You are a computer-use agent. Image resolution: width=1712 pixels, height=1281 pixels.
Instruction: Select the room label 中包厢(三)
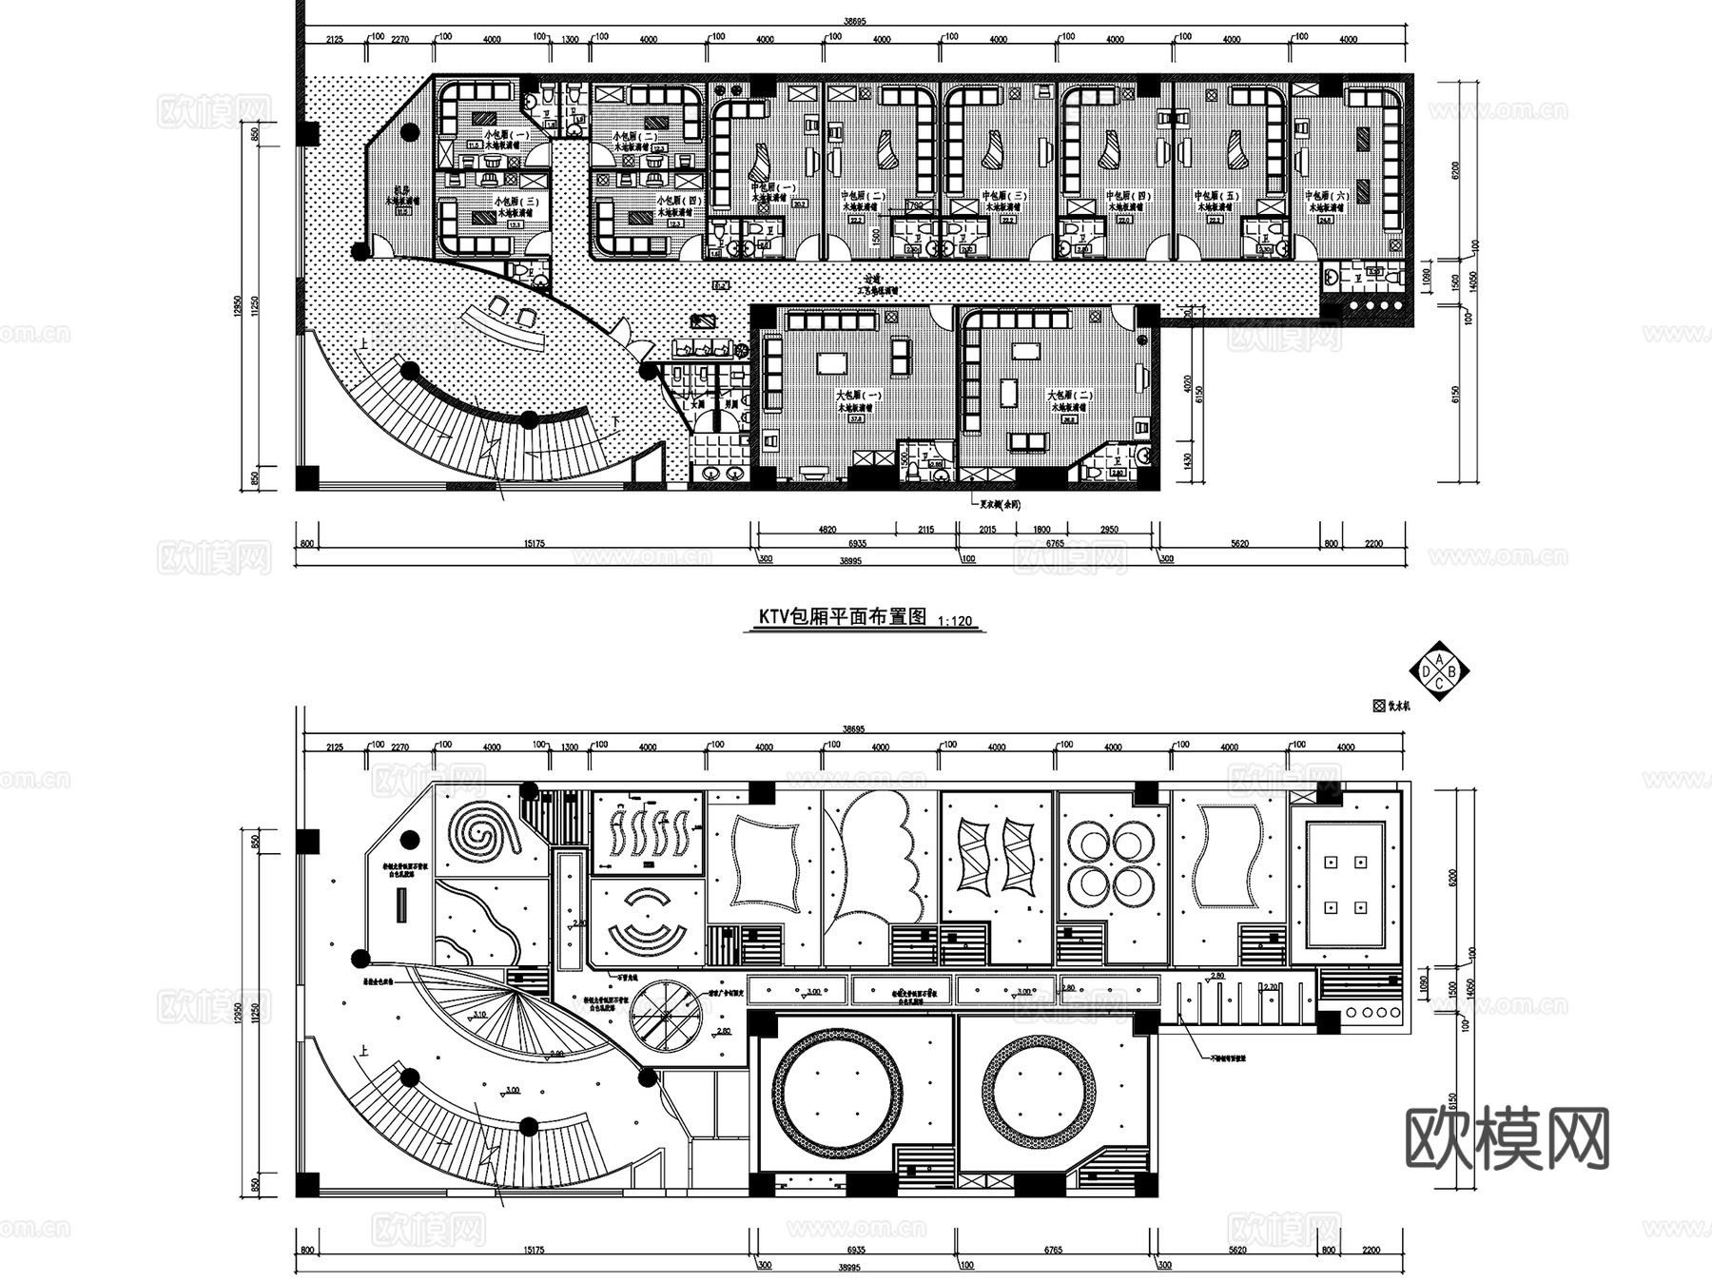[x=1005, y=196]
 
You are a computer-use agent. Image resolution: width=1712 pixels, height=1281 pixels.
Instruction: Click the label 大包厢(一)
[x=859, y=395]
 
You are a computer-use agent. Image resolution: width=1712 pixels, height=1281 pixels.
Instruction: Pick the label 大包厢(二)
[x=1070, y=395]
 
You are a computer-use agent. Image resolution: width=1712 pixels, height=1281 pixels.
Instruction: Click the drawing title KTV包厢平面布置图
[x=842, y=616]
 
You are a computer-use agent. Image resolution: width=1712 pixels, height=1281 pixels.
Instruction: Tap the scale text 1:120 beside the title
[x=955, y=621]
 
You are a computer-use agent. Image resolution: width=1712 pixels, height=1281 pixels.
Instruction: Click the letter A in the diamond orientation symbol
[x=1439, y=659]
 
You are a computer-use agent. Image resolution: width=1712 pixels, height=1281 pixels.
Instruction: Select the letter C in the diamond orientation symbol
[x=1439, y=683]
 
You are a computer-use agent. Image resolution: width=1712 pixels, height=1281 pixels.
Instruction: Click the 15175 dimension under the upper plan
[x=533, y=543]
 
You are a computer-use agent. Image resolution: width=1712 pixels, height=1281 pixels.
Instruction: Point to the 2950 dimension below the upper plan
[x=1109, y=529]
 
